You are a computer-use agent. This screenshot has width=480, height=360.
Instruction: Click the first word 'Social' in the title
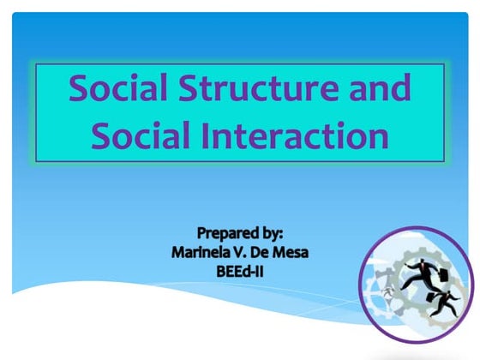[x=117, y=88]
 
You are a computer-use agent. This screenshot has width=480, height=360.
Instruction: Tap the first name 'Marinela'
[x=203, y=252]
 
